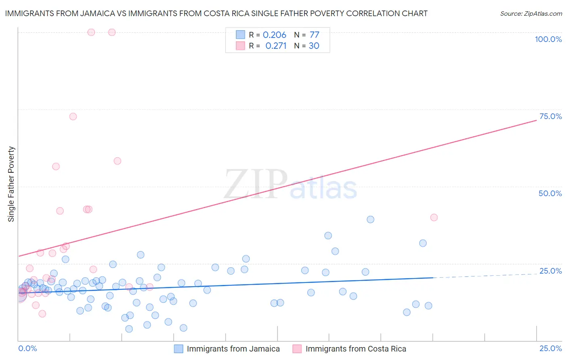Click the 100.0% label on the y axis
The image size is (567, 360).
[548, 39]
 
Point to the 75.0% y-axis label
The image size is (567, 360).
[550, 116]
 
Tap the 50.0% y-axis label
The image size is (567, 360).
[550, 193]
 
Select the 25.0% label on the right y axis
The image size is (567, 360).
[550, 271]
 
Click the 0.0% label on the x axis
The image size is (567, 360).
[27, 349]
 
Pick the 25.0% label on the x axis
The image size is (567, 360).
[550, 349]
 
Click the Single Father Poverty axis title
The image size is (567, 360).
[11, 184]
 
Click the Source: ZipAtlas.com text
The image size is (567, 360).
[531, 14]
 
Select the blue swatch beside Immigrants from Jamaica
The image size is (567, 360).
[178, 349]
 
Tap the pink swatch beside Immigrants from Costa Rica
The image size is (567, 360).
[297, 349]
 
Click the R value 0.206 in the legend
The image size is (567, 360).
[274, 35]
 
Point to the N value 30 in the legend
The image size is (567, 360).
[314, 46]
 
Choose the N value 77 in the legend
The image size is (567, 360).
[314, 35]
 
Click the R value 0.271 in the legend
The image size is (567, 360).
[276, 46]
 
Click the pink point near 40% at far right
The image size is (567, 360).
[434, 218]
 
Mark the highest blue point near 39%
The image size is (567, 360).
[370, 220]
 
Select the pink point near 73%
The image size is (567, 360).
[73, 117]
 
